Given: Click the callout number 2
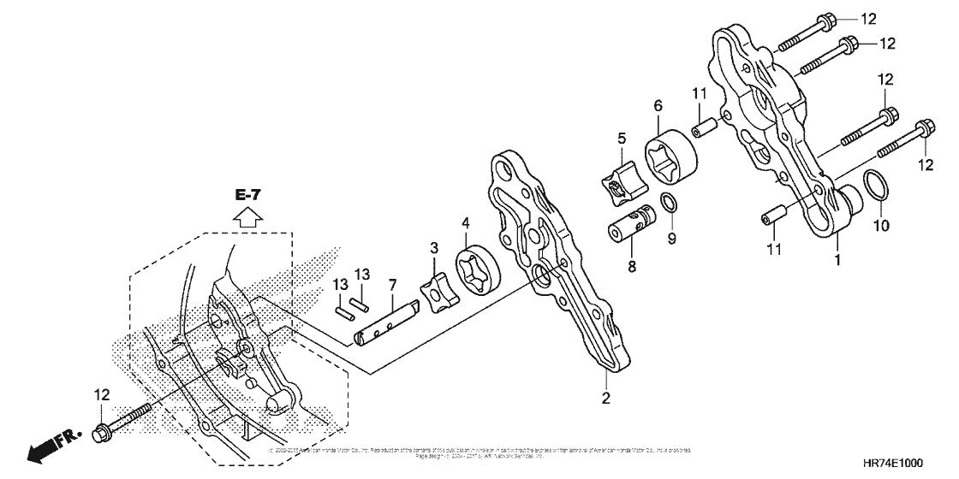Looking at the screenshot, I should pos(605,397).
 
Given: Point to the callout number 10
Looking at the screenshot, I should pos(881,227).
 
